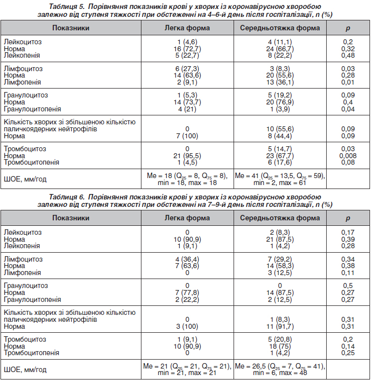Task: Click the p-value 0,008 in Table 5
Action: pos(348,156)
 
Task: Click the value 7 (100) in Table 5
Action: pos(187,136)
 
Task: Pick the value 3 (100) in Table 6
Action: pos(187,326)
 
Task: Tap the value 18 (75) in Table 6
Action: pos(280,346)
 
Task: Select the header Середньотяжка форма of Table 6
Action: pos(280,218)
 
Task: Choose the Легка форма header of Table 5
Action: pos(187,28)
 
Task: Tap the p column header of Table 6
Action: pos(348,218)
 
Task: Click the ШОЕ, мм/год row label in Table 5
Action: pos(25,179)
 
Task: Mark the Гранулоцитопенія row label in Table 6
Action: pos(32,299)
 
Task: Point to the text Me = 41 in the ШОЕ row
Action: pos(247,176)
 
